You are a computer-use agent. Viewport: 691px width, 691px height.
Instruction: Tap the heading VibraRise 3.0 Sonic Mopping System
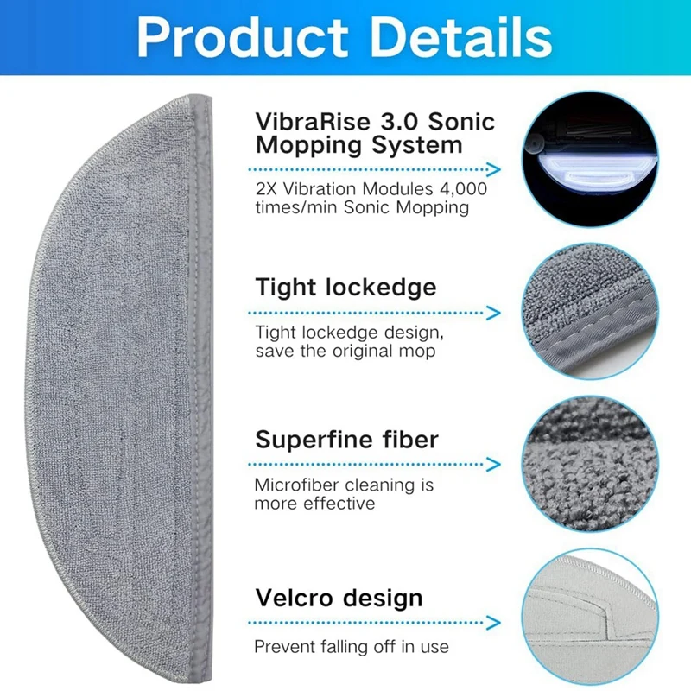(374, 132)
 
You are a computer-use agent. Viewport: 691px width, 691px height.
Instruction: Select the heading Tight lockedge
(345, 287)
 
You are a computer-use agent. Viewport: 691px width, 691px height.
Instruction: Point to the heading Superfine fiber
(346, 439)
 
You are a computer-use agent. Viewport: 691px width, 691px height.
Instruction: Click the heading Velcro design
(339, 598)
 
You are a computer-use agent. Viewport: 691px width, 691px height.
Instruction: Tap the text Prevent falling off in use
(351, 646)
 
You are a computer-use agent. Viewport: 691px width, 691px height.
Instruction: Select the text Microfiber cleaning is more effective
(344, 495)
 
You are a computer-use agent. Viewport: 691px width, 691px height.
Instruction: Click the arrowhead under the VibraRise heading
(493, 169)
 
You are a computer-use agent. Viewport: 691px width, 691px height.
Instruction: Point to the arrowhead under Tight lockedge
(493, 312)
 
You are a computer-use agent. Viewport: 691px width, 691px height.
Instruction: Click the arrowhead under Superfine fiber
(493, 465)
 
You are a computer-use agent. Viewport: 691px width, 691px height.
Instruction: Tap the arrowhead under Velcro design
(493, 621)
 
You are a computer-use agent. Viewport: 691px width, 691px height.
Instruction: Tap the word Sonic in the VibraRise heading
(462, 120)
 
